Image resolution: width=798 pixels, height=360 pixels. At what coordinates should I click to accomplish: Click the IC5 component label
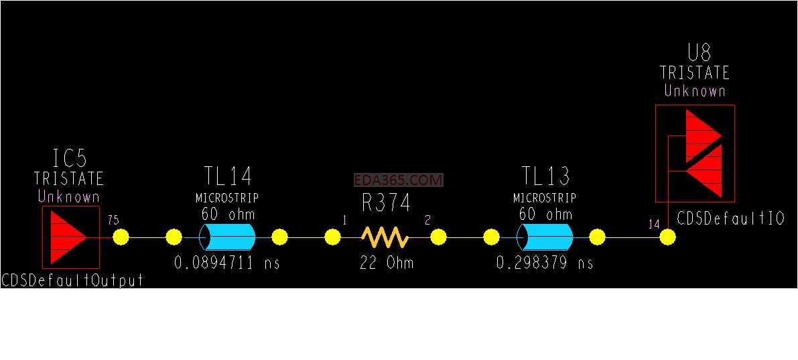tap(70, 158)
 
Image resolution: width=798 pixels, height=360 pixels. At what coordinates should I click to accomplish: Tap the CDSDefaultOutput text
tap(72, 281)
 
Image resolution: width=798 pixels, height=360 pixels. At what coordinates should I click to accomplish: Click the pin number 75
tap(113, 220)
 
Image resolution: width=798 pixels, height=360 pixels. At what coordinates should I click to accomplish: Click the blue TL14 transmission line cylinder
tap(227, 237)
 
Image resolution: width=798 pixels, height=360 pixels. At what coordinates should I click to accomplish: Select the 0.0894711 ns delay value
tap(227, 263)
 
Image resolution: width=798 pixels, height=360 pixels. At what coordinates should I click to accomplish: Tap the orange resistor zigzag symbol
tap(385, 237)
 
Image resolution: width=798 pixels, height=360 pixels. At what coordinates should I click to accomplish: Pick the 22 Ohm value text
tap(387, 263)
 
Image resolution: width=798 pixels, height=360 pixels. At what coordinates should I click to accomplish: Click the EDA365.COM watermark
tap(399, 180)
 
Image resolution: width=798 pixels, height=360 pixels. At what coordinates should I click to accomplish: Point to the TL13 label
tap(545, 176)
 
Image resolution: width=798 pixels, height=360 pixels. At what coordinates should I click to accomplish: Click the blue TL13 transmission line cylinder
tap(545, 237)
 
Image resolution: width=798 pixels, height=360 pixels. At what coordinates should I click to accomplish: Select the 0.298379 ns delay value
tap(545, 263)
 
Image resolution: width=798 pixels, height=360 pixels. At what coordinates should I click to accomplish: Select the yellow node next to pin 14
tap(668, 237)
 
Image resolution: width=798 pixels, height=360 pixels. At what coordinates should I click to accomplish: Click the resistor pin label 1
tap(344, 220)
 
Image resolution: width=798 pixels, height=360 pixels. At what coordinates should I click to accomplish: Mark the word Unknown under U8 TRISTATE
tap(695, 91)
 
